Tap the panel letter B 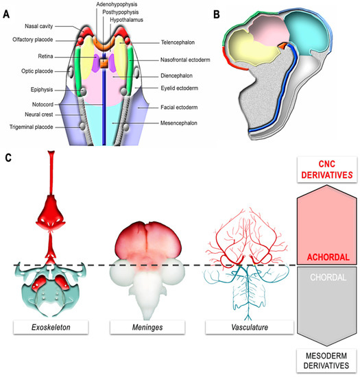[216, 12]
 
